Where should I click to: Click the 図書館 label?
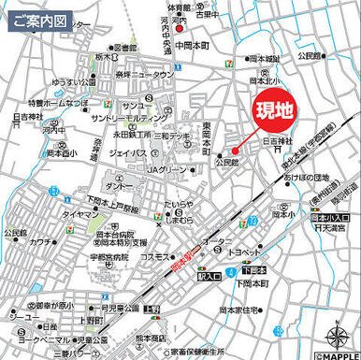coord(127,48)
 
